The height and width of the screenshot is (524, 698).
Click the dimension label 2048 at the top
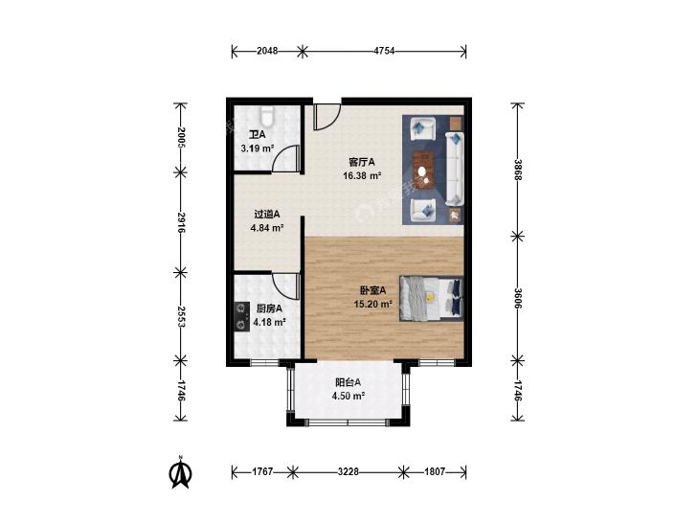(267, 51)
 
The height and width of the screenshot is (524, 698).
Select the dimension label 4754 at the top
(384, 51)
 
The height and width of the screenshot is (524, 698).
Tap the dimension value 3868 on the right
(518, 170)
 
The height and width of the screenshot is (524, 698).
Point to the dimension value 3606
(518, 298)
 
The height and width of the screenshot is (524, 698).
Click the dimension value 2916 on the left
(181, 222)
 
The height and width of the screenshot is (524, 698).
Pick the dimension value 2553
(181, 316)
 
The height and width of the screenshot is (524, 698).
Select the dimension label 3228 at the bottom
(349, 471)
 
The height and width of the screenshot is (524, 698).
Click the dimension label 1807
(435, 471)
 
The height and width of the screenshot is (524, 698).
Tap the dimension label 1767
(262, 471)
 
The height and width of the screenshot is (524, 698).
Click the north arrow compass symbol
(181, 473)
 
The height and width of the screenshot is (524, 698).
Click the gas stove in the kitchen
(241, 316)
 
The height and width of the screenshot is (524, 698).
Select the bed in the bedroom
(432, 298)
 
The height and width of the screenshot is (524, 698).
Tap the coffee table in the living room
(424, 171)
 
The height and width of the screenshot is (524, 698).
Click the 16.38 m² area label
(362, 176)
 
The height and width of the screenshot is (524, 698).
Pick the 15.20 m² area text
(372, 305)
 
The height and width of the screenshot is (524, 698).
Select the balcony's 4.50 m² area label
(349, 396)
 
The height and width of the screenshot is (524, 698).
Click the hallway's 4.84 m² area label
(267, 228)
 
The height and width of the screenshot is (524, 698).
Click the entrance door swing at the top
(327, 117)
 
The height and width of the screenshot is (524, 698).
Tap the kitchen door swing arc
(285, 286)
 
